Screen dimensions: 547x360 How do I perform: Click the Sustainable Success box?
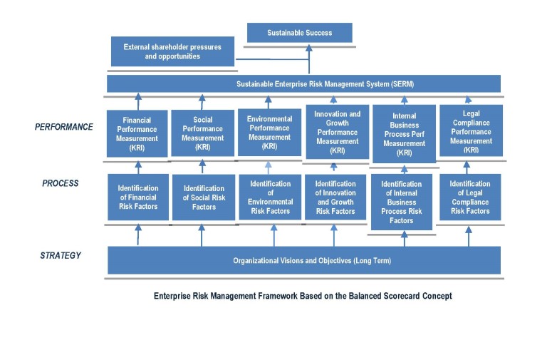(300, 33)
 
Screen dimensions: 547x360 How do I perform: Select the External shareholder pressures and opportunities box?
(172, 51)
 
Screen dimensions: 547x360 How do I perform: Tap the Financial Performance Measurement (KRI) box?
(137, 134)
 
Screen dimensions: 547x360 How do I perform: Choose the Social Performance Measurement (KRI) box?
(203, 133)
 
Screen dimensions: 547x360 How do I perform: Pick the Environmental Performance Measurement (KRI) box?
(269, 133)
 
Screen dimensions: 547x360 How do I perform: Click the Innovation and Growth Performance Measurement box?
(338, 132)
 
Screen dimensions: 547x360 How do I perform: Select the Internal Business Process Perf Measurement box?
(405, 134)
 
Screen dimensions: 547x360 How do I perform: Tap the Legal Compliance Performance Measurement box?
(471, 130)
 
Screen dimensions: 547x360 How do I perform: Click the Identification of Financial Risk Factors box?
(138, 197)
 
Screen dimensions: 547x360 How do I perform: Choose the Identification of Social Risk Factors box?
(204, 197)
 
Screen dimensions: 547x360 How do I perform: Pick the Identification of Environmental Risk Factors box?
(270, 197)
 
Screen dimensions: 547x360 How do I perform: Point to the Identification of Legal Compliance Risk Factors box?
(470, 197)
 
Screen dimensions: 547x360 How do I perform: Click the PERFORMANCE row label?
(64, 127)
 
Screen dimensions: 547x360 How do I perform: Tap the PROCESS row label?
(61, 183)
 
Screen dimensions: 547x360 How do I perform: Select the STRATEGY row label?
(61, 256)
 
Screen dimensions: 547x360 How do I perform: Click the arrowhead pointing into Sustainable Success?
(308, 48)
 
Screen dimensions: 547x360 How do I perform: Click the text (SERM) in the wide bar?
(402, 84)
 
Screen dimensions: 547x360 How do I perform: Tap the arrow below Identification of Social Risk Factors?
(202, 235)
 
